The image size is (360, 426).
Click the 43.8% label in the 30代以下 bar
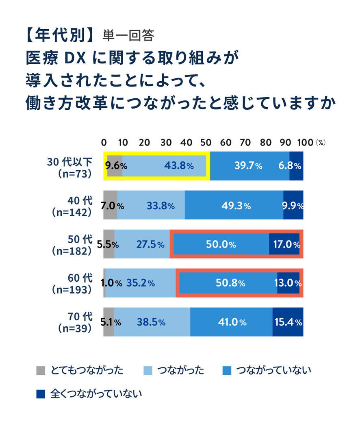coord(179,166)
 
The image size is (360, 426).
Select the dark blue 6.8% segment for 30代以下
coord(296,166)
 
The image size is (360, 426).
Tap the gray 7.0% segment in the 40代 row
coord(110,205)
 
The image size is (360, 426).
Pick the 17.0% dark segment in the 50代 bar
coord(284,245)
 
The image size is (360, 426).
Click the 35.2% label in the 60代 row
coord(140,283)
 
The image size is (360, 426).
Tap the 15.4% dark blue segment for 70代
coord(288,322)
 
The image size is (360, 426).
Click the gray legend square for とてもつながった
coord(40,370)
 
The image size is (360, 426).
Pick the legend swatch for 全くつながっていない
coord(40,393)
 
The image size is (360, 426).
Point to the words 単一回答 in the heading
coord(128,36)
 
